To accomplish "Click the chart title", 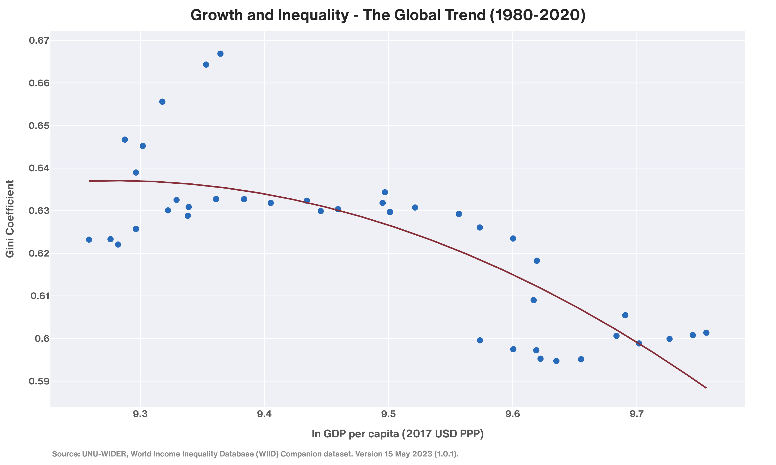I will (x=388, y=15).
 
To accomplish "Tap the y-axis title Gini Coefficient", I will (x=10, y=219).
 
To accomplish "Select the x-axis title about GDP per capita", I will (x=397, y=434).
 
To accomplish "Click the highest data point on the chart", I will (x=220, y=53).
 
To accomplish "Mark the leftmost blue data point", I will (x=89, y=240).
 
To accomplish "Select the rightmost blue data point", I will (x=706, y=333).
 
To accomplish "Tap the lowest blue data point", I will (x=556, y=361).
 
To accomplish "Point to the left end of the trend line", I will (x=90, y=181).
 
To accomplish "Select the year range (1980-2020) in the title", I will (x=537, y=15).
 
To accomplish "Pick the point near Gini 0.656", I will (x=162, y=102).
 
